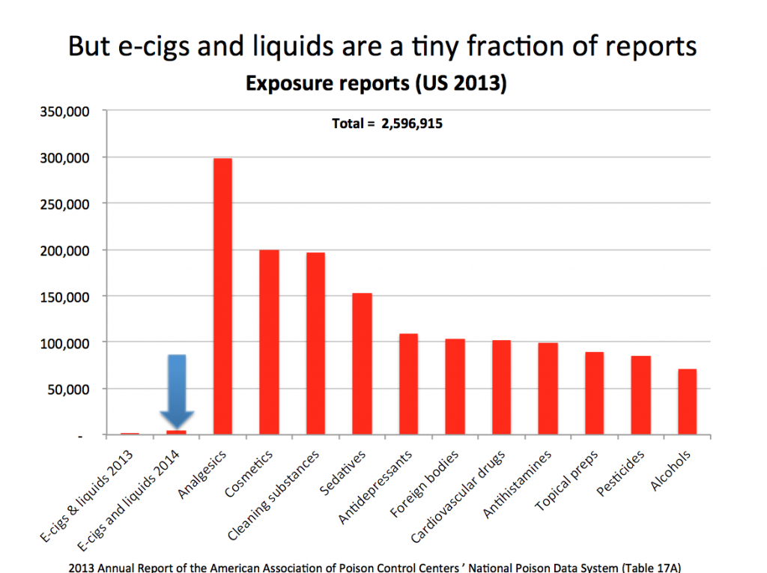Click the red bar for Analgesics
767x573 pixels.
[x=222, y=297]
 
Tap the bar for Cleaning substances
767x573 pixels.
[x=315, y=344]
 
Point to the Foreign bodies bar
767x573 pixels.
[x=455, y=387]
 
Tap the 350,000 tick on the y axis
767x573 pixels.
[x=69, y=112]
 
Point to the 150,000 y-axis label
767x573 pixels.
[x=69, y=297]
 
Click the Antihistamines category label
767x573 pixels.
[x=518, y=484]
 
